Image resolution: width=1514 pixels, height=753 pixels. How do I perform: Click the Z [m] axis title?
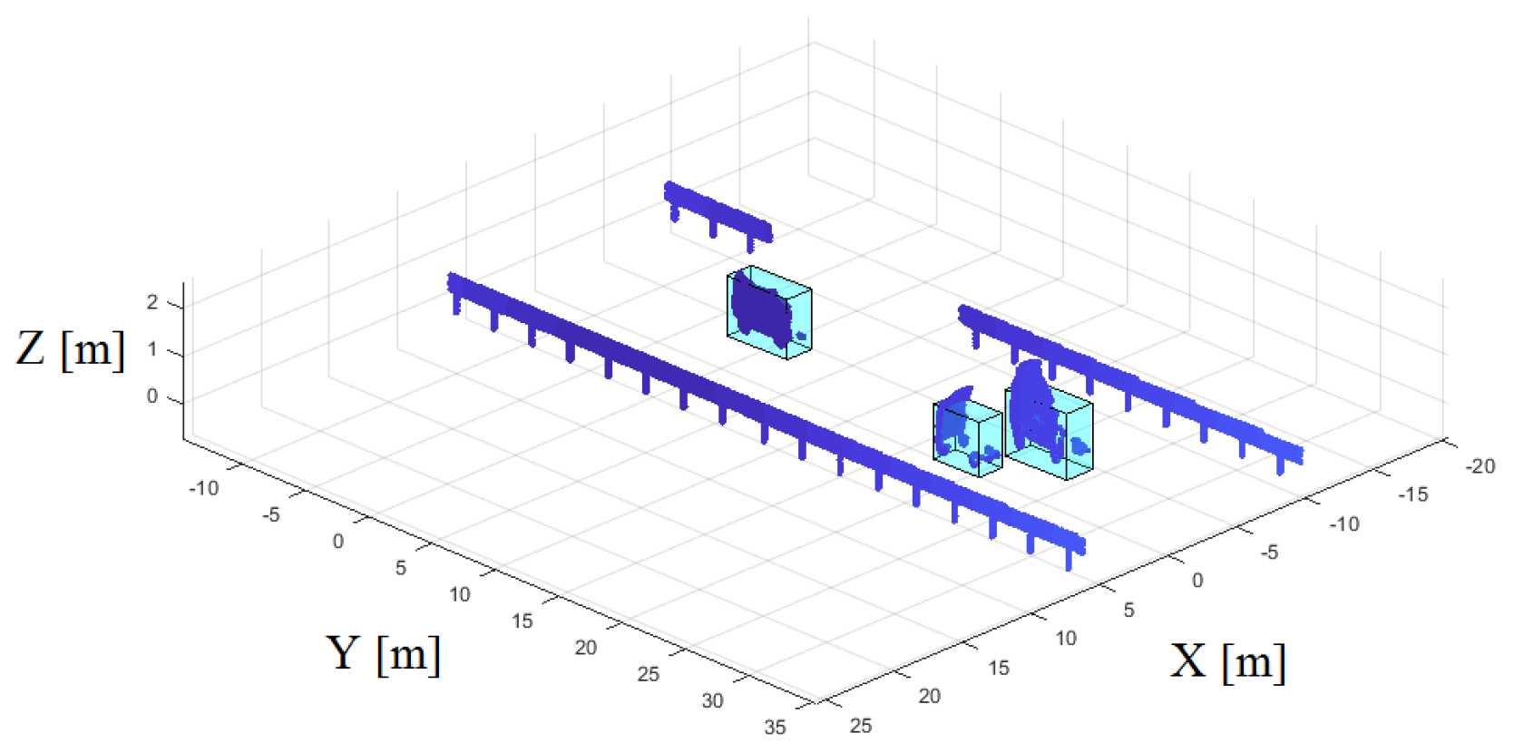pos(70,349)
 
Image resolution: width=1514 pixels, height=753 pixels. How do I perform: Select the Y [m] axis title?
pos(383,653)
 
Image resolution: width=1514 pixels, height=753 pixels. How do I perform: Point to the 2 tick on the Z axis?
pos(152,302)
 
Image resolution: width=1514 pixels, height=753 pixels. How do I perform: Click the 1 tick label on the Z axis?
pos(152,349)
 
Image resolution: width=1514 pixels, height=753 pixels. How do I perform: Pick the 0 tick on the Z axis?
pos(152,396)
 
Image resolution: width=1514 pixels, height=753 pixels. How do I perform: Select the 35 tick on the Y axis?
pos(776,728)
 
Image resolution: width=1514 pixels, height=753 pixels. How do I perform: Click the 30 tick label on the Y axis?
pos(712,701)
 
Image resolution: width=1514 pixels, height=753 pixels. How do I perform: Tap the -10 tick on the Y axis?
pos(203,487)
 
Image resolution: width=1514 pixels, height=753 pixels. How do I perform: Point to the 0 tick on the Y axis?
pos(338,542)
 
